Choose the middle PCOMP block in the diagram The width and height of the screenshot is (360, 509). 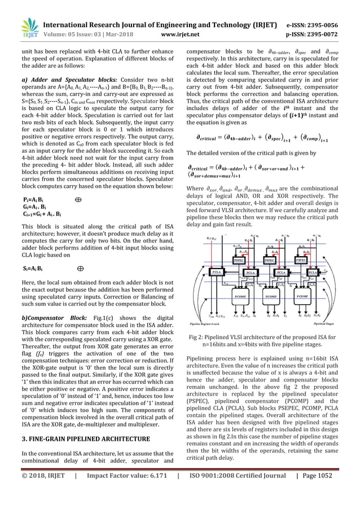271,294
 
